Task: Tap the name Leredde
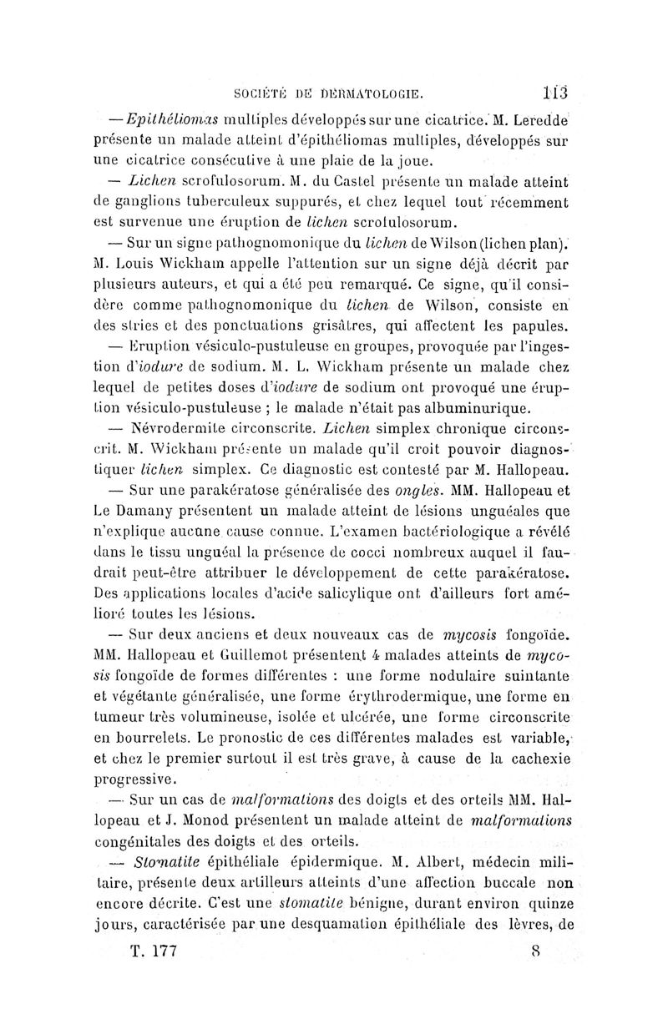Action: (x=540, y=115)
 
